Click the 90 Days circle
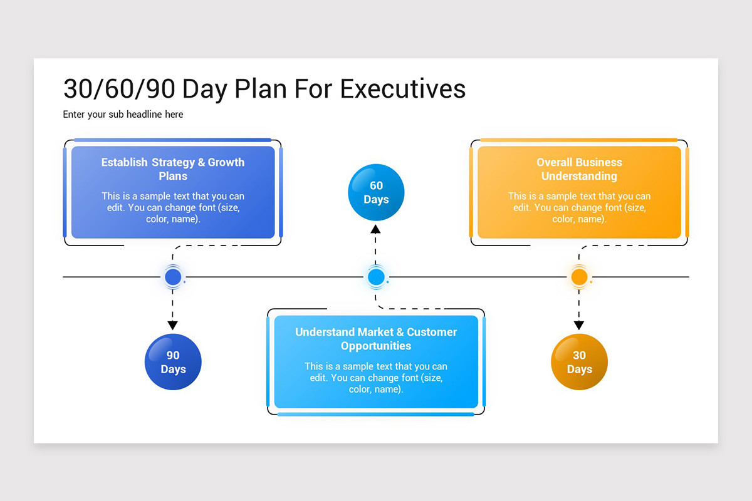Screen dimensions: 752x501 tap(173, 362)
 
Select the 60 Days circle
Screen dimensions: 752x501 tap(376, 192)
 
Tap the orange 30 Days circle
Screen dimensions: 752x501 tap(579, 362)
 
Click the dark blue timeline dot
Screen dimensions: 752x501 tap(173, 277)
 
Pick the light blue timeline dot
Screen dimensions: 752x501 tap(376, 277)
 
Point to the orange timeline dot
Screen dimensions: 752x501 tap(579, 277)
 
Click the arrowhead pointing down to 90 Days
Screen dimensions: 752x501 tap(172, 325)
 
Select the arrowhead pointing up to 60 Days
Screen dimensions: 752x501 tap(375, 229)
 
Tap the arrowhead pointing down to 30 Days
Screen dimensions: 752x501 tap(579, 325)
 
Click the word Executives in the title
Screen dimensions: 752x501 tap(403, 89)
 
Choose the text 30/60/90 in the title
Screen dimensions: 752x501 tap(119, 90)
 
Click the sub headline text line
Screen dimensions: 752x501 tap(123, 115)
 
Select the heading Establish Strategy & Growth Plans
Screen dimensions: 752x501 tap(173, 169)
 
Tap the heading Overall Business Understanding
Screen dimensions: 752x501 tap(579, 169)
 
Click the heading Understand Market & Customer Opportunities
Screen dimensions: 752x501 tap(376, 339)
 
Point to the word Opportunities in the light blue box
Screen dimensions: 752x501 tap(376, 346)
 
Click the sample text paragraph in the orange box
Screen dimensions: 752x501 tap(579, 207)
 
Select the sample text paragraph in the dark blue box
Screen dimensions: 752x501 tap(173, 207)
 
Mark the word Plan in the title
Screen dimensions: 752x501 tap(261, 89)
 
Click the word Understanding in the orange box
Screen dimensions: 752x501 tap(579, 176)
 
